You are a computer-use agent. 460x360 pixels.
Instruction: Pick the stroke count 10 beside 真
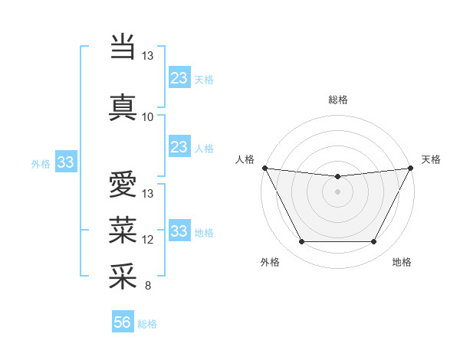[x=148, y=117]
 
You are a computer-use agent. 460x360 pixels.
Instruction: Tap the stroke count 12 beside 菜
[x=148, y=240]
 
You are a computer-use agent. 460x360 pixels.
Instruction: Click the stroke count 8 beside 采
[x=147, y=286]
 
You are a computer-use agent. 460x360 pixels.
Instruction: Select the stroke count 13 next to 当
[x=148, y=56]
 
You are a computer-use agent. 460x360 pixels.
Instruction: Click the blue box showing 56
[x=123, y=323]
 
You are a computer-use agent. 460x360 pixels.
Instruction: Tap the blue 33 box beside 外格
[x=65, y=162]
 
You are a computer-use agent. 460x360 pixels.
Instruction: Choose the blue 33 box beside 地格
[x=179, y=231]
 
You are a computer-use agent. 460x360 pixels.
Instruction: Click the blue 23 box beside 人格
[x=179, y=147]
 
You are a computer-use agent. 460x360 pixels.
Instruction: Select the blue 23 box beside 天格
[x=179, y=78]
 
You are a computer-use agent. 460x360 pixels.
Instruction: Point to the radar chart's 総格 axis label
[x=338, y=100]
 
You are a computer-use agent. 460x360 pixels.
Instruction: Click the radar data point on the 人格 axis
[x=264, y=168]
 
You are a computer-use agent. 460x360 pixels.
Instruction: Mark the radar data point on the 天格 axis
[x=411, y=168]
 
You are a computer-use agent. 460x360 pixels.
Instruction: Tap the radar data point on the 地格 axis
[x=374, y=242]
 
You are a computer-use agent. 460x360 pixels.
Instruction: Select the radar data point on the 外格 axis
[x=301, y=242]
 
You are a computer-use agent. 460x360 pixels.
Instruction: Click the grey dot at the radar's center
[x=337, y=191]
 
